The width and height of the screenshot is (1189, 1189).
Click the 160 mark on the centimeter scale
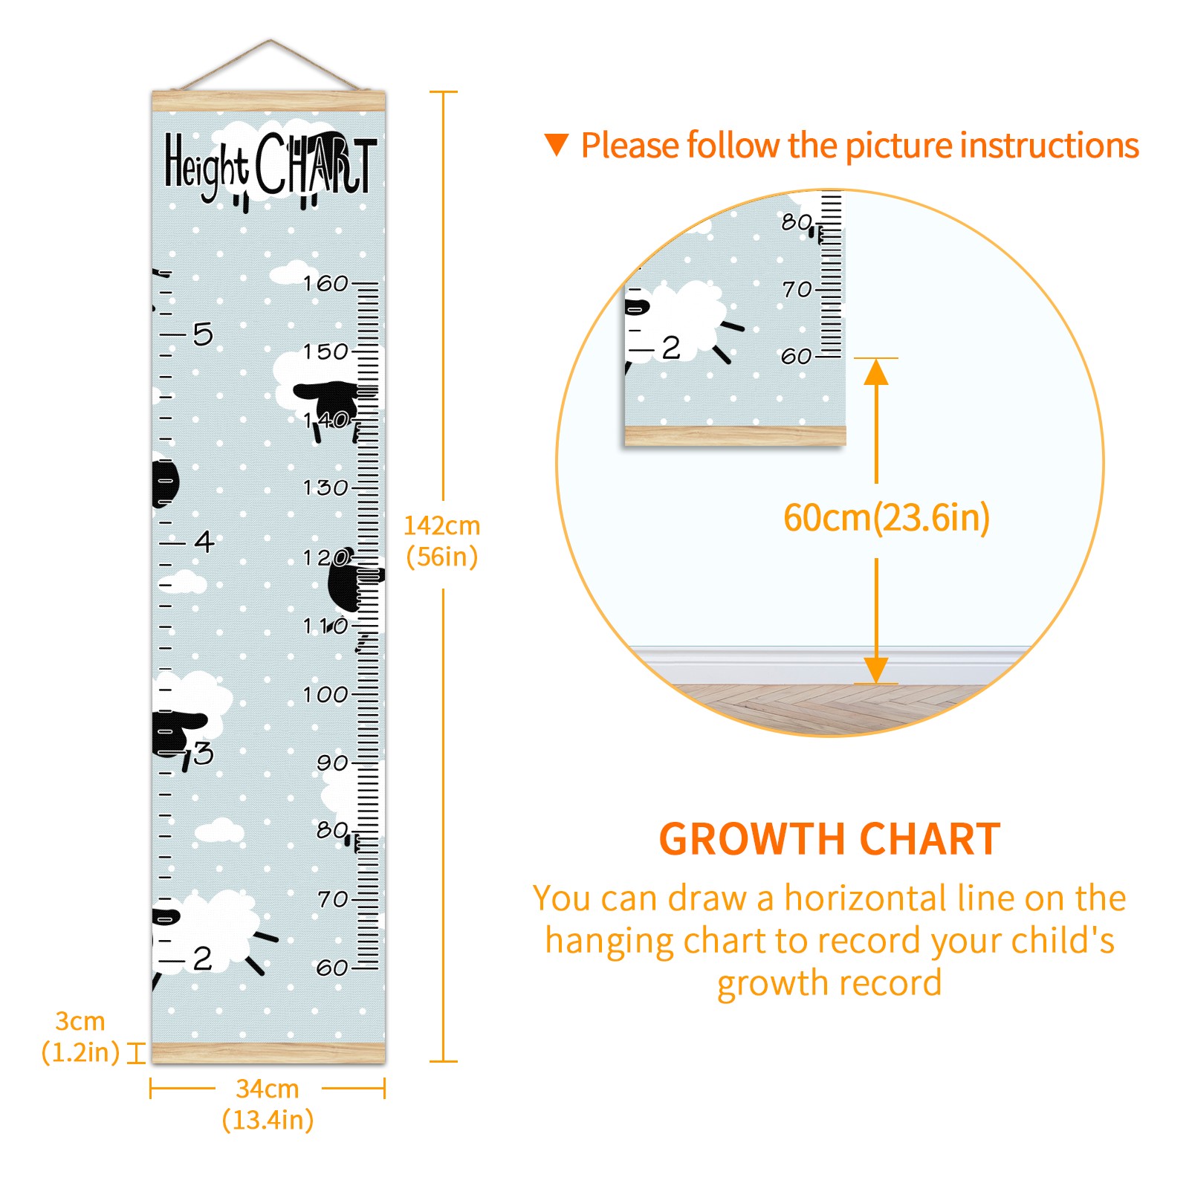pyautogui.click(x=325, y=283)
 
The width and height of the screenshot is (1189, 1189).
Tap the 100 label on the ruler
pyautogui.click(x=325, y=695)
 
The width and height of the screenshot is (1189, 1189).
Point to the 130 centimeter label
pyautogui.click(x=325, y=488)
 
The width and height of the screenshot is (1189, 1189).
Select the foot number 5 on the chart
pyautogui.click(x=203, y=334)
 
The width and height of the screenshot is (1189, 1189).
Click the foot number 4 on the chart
pyautogui.click(x=204, y=541)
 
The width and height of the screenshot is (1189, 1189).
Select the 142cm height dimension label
pyautogui.click(x=442, y=525)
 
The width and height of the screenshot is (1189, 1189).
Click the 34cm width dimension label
pyautogui.click(x=268, y=1089)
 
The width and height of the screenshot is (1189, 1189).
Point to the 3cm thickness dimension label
pyautogui.click(x=80, y=1021)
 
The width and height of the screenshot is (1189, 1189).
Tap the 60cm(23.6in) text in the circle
pyautogui.click(x=887, y=517)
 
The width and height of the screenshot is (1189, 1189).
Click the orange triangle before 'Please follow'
pyautogui.click(x=557, y=145)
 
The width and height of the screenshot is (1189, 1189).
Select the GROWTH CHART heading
pyautogui.click(x=830, y=839)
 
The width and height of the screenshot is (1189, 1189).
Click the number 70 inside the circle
pyautogui.click(x=797, y=289)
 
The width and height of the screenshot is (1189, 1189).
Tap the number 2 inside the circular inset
pyautogui.click(x=671, y=348)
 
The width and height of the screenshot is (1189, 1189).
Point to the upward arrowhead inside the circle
pyautogui.click(x=876, y=372)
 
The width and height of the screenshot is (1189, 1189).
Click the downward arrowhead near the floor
pyautogui.click(x=876, y=670)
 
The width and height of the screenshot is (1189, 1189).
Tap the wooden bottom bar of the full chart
pyautogui.click(x=268, y=1052)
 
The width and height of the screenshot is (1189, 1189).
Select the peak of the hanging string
pyautogui.click(x=270, y=40)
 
